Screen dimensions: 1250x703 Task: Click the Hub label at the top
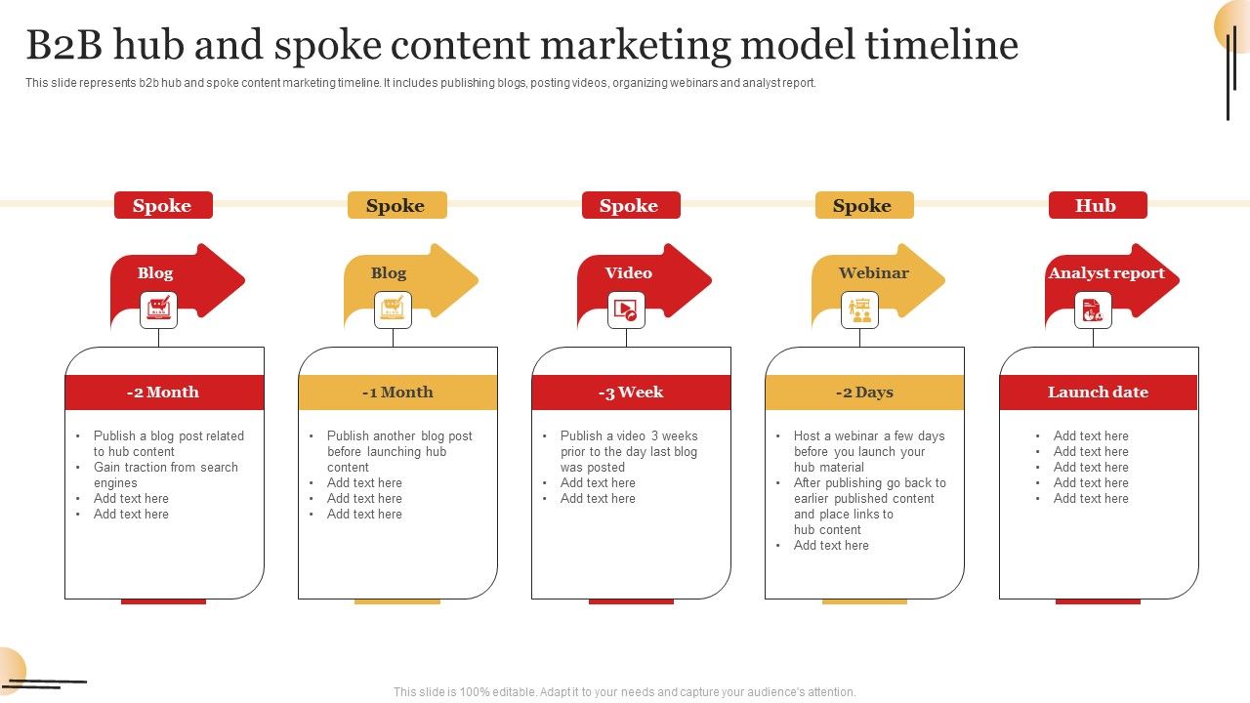[1097, 205]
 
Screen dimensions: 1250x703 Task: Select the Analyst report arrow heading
[1106, 273]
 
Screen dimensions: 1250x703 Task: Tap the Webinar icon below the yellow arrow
[859, 310]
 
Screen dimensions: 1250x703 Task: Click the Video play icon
[626, 310]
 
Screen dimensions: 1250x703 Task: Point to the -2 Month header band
[164, 393]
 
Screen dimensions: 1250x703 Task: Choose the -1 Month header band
[397, 393]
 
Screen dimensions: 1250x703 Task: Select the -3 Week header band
[631, 393]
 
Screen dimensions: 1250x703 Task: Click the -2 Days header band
[864, 393]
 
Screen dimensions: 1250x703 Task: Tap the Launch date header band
[1098, 393]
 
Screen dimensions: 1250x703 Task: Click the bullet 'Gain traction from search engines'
[165, 475]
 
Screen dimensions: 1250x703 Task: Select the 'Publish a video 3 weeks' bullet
[629, 436]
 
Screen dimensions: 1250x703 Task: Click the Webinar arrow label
[873, 273]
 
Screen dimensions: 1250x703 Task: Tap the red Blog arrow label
[155, 273]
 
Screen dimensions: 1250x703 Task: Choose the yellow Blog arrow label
[389, 273]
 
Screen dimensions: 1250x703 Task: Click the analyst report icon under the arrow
[1093, 310]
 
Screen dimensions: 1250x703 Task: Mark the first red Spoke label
[162, 205]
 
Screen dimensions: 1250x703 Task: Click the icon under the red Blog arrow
[158, 310]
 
